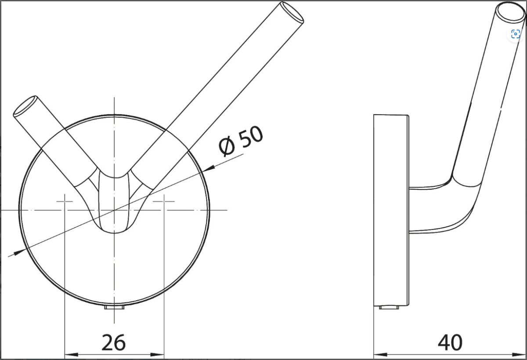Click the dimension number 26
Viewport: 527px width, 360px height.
pyautogui.click(x=114, y=342)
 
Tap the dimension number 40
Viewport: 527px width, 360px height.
pyautogui.click(x=450, y=342)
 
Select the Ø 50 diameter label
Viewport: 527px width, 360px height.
pyautogui.click(x=241, y=141)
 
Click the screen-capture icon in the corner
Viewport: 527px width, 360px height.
pyautogui.click(x=516, y=34)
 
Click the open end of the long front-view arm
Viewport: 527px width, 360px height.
pyautogui.click(x=292, y=12)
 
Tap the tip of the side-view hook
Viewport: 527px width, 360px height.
pyautogui.click(x=510, y=11)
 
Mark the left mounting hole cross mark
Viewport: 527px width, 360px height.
pyautogui.click(x=65, y=201)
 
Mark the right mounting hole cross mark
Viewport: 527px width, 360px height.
pyautogui.click(x=164, y=201)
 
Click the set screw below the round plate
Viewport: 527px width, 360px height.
pyautogui.click(x=114, y=307)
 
